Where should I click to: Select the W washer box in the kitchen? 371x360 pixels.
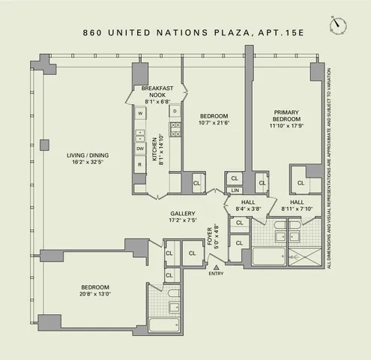point(140,113)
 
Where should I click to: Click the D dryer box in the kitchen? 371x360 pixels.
point(175,112)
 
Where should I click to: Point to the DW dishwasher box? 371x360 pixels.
point(140,148)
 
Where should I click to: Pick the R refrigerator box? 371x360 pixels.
point(140,164)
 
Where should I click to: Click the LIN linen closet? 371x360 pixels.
point(235,190)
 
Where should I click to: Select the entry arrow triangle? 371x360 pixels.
point(217,267)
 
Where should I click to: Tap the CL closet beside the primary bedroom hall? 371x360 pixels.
point(301,182)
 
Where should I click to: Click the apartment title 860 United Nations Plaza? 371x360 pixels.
point(184,33)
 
